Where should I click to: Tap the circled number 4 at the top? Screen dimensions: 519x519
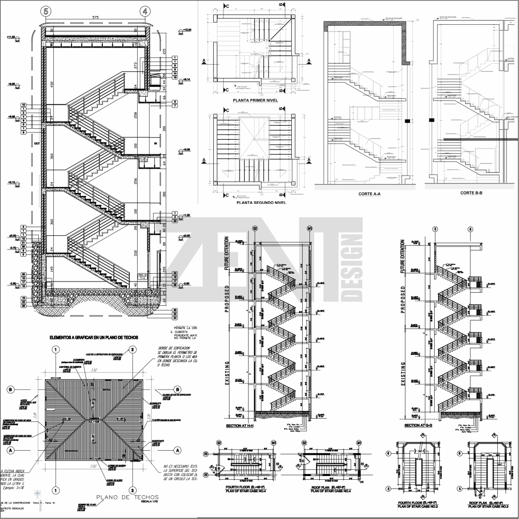(145, 10)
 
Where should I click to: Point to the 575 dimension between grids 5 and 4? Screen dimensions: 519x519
(95, 18)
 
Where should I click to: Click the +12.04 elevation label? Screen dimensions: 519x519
(187, 31)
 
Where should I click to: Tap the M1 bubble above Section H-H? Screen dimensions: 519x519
(310, 228)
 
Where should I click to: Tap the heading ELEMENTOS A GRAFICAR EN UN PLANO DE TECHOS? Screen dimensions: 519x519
(95, 337)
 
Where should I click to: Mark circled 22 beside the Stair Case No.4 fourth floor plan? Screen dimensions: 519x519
(205, 474)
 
